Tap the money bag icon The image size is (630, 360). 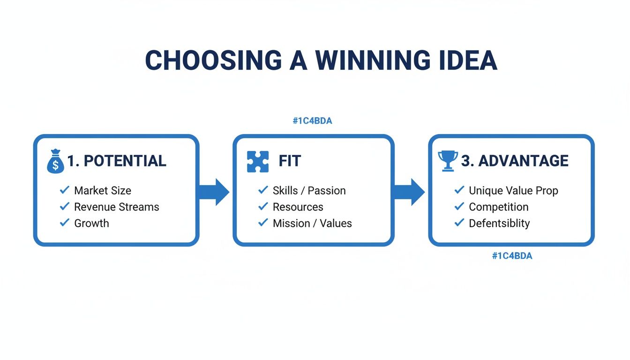(55, 162)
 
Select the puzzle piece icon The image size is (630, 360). (258, 162)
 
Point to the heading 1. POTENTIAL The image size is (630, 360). (116, 161)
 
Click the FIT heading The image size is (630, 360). (289, 161)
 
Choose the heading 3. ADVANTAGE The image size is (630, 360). (514, 161)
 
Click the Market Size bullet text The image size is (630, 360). (103, 191)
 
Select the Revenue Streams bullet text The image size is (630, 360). (117, 207)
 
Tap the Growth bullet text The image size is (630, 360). (91, 224)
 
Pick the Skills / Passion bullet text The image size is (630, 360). (309, 191)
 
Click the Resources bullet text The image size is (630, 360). (298, 207)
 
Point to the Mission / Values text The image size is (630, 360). (312, 224)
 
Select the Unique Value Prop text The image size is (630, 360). (513, 191)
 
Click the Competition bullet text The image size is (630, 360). (498, 207)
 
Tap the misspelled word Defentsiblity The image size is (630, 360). (499, 224)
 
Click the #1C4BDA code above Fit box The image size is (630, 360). (312, 121)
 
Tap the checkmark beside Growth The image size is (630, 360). (65, 223)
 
